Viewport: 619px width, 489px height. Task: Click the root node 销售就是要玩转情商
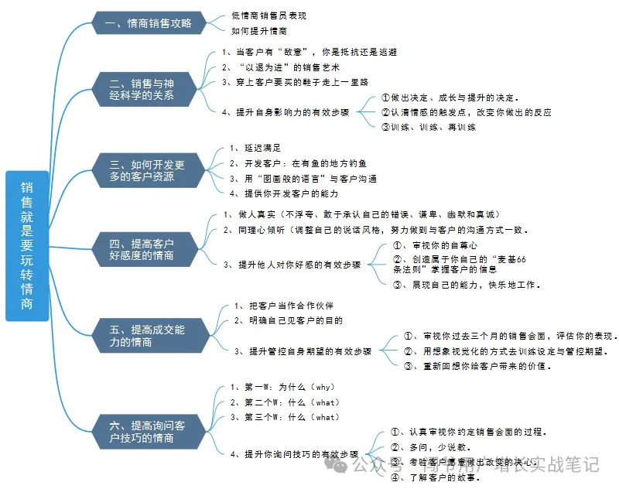coord(26,245)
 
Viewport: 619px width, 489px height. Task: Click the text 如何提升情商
coord(259,31)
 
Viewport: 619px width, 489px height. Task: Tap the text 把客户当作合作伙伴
coord(283,306)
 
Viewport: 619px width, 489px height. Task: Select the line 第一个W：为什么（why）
coord(282,387)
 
